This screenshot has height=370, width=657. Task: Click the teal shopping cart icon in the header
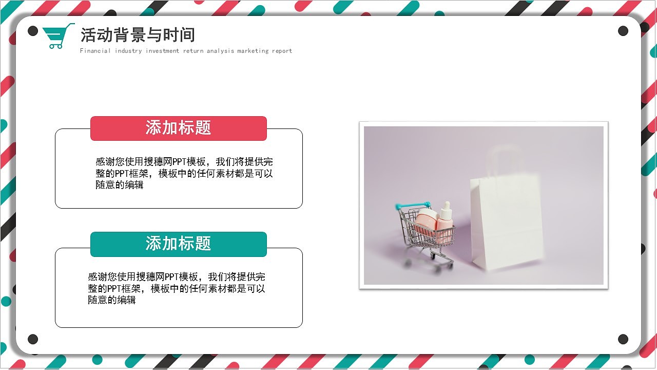click(x=57, y=36)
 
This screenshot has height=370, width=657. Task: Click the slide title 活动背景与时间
click(x=138, y=35)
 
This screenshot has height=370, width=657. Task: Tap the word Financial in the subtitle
click(x=95, y=51)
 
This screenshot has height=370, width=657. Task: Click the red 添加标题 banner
click(x=178, y=128)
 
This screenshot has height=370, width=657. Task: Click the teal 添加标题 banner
click(x=178, y=244)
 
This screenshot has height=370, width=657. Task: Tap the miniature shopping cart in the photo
click(x=426, y=234)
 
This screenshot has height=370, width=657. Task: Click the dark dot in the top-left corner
click(x=33, y=31)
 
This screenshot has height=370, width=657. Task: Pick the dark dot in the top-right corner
click(x=623, y=31)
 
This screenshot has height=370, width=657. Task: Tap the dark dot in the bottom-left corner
click(x=33, y=339)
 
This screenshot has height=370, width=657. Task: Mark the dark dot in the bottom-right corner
click(x=623, y=339)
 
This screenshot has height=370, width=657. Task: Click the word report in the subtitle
click(x=282, y=51)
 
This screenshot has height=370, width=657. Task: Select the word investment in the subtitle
click(x=162, y=51)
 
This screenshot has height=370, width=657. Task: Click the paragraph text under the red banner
click(x=184, y=173)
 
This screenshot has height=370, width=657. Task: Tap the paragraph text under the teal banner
click(x=176, y=288)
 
